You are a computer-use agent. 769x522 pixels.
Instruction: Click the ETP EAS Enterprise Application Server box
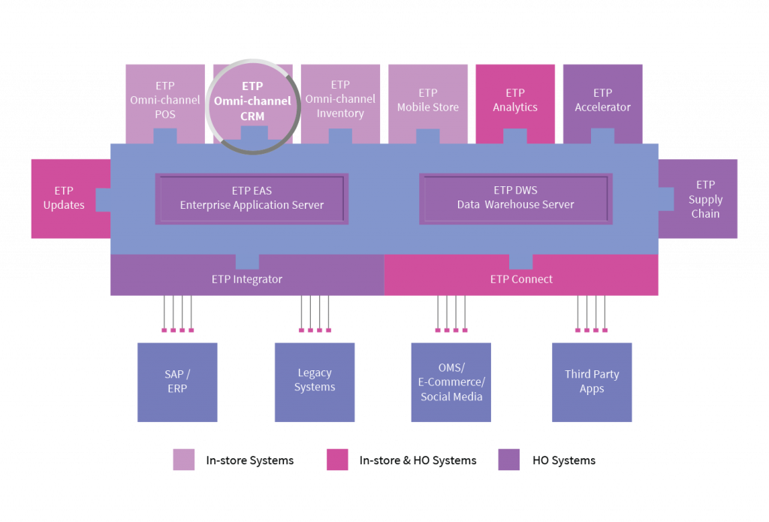tap(252, 199)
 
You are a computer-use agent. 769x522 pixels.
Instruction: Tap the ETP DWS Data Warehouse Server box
tap(515, 199)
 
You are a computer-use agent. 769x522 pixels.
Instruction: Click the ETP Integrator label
tap(246, 279)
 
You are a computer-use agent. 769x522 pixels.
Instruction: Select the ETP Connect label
tap(521, 279)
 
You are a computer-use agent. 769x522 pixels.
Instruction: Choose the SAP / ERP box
tap(177, 382)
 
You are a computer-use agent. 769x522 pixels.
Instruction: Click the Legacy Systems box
tap(315, 382)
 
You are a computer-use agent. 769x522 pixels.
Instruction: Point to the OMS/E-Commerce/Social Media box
tap(451, 382)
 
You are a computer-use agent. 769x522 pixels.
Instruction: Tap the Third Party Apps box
tap(592, 382)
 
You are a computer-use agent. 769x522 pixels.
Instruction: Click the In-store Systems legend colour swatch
tap(184, 460)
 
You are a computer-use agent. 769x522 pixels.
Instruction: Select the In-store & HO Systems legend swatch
tap(337, 460)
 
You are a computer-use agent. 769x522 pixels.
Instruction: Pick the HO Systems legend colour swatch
tap(509, 460)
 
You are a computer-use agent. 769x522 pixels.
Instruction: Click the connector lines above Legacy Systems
tap(315, 314)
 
